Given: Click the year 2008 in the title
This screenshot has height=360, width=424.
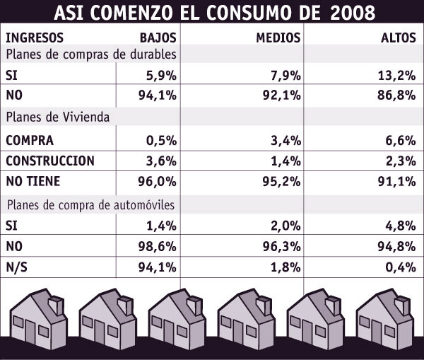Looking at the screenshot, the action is (x=353, y=13).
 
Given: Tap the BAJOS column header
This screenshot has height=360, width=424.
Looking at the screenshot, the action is (x=158, y=38).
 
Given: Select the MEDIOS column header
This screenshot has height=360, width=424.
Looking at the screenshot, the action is (x=278, y=38).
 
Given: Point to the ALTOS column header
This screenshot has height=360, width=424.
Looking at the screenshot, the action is (x=399, y=38).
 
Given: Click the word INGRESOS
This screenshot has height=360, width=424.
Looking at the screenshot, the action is (x=35, y=38).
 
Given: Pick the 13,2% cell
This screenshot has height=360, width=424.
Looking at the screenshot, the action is (x=396, y=75).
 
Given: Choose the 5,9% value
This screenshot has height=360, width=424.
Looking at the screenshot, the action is (x=161, y=75).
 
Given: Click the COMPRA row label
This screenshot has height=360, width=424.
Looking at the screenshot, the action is (x=30, y=141).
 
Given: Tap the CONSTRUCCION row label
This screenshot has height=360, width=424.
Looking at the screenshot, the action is (x=50, y=161).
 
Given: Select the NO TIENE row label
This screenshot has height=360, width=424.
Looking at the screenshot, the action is (x=33, y=181).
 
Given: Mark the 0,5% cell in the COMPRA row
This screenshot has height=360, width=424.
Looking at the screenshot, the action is (x=161, y=141).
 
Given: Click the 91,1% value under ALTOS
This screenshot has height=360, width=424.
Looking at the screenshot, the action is (x=396, y=181).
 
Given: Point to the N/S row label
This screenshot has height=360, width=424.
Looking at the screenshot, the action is (x=16, y=267).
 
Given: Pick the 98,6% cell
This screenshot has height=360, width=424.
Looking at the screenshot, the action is (x=158, y=246).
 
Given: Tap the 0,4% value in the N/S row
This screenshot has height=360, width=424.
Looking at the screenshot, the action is (x=401, y=267).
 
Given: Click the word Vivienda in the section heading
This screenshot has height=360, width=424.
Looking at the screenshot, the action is (x=86, y=117).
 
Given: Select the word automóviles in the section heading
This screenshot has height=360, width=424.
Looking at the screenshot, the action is (x=144, y=205).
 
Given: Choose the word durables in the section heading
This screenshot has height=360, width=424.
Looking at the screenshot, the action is (x=153, y=54).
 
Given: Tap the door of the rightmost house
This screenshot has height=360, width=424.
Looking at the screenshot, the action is (x=377, y=332).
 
